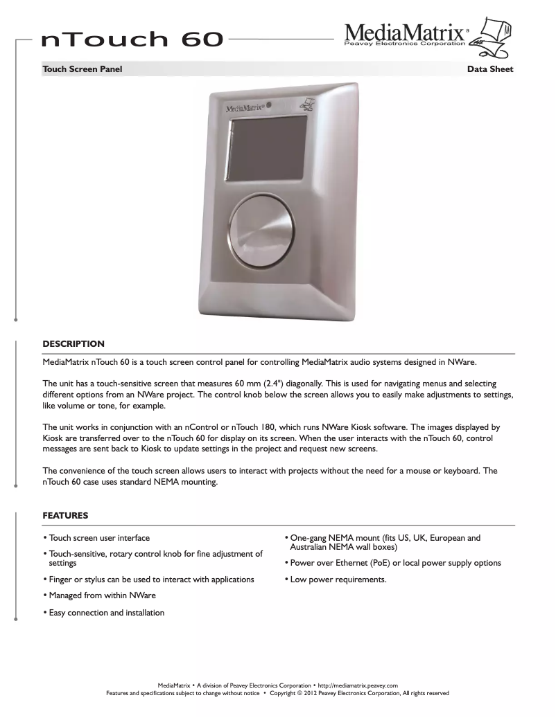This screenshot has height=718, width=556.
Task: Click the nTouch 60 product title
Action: [x=132, y=40]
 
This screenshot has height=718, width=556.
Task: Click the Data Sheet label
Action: [x=490, y=69]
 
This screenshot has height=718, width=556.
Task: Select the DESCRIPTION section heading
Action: [x=73, y=343]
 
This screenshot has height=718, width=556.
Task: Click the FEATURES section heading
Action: [x=65, y=516]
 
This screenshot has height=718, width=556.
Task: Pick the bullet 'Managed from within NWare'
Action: [x=102, y=595]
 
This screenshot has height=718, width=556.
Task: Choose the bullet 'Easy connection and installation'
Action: [x=106, y=613]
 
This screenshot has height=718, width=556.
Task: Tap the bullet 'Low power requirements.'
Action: [x=338, y=580]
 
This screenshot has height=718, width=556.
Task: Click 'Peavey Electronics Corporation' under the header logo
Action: [x=405, y=44]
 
